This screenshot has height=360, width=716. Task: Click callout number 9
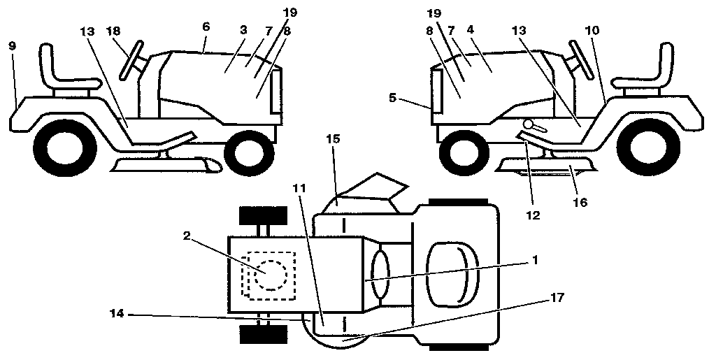[x=13, y=45]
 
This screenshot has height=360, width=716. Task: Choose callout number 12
[x=534, y=217]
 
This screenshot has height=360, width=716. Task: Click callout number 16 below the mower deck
[x=579, y=203]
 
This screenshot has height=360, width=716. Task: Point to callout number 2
[x=187, y=236]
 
